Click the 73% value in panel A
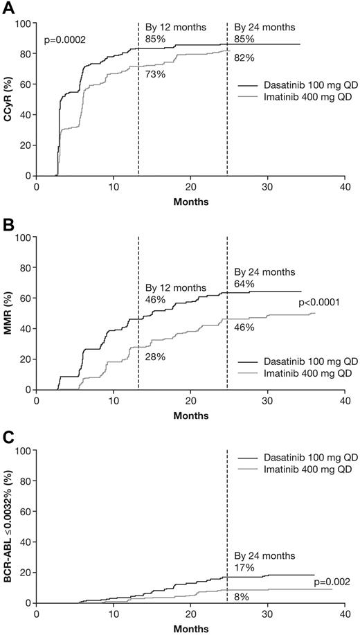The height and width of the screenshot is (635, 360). click(x=155, y=74)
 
